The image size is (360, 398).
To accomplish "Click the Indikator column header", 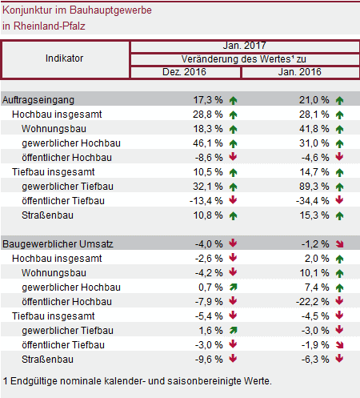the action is click(64, 58).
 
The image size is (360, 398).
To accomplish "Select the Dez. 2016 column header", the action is click(184, 72).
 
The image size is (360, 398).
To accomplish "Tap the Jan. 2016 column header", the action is click(300, 72).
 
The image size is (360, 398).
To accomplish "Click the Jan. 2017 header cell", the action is click(245, 46).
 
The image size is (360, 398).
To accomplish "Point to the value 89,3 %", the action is click(314, 187).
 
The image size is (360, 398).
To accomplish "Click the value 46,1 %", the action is click(208, 143).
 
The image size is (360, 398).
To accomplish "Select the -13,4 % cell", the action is click(206, 201).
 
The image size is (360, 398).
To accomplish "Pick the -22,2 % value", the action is click(313, 302).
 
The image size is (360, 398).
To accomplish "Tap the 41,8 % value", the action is click(314, 129).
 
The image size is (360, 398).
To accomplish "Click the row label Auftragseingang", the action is click(38, 100).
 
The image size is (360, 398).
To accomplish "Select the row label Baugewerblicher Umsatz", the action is click(58, 244).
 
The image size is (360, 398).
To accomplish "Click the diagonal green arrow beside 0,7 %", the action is click(234, 287).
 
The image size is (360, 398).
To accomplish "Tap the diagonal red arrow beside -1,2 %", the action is click(340, 244).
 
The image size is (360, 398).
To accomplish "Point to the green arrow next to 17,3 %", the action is click(234, 100).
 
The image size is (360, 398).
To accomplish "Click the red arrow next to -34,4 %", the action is click(339, 200).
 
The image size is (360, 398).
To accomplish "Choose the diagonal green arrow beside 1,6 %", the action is click(234, 331).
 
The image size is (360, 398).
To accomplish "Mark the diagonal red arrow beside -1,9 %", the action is click(340, 345).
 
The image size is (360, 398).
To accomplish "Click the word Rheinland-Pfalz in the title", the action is click(50, 26).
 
